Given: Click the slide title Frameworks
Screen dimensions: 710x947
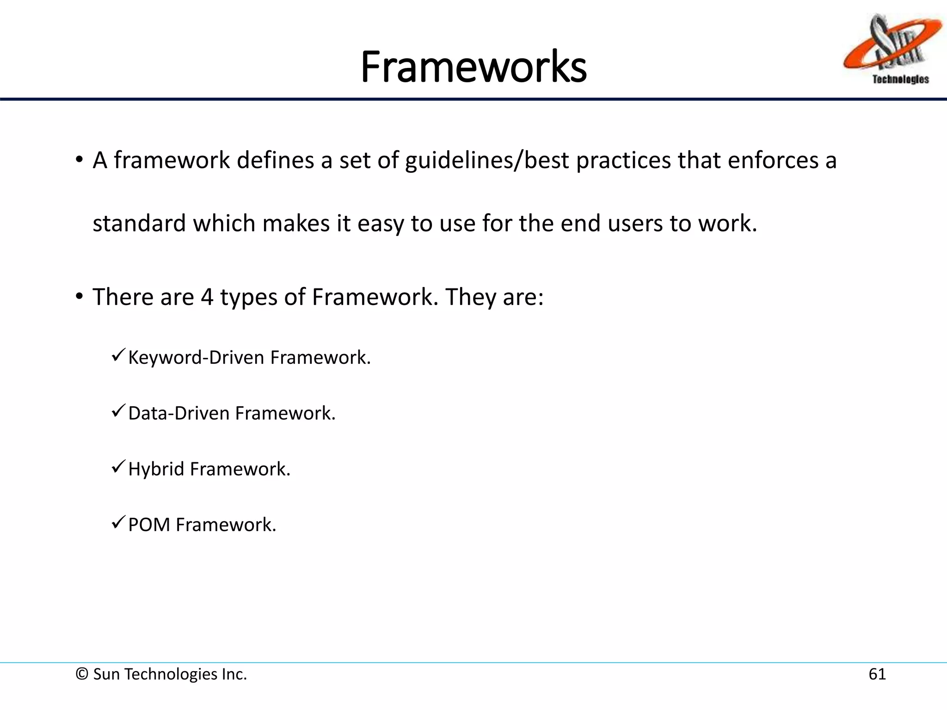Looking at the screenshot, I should tap(473, 67).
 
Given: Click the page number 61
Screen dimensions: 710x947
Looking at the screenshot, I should tap(877, 674).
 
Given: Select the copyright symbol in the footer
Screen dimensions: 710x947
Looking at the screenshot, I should tap(82, 674).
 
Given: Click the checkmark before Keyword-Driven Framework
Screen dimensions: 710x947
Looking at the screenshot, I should tap(118, 355).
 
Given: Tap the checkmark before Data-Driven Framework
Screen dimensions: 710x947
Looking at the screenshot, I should tap(118, 411).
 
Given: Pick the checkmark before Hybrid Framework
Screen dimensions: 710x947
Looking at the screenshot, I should tap(118, 467).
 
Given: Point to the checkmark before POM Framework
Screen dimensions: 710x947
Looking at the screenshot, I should tap(118, 523).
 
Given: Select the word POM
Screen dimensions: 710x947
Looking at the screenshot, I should tap(149, 525).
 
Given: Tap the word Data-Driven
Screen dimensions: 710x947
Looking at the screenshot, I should tap(178, 414).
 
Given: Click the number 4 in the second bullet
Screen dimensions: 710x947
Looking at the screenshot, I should tap(207, 297).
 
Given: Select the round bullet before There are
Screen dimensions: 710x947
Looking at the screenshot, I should tap(80, 296).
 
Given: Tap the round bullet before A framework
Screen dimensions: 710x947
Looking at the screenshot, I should tap(80, 160).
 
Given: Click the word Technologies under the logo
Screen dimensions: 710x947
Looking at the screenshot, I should tap(900, 80).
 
